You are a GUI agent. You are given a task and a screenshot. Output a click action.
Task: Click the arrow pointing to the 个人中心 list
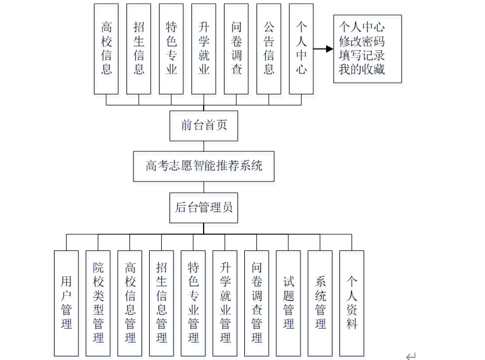point(323,49)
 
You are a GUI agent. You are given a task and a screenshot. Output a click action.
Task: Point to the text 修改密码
point(362,41)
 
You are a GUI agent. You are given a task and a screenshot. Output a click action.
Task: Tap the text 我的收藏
point(362,70)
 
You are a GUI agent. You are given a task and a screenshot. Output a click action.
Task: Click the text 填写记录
point(362,56)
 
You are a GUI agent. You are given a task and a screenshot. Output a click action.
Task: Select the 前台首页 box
point(204,125)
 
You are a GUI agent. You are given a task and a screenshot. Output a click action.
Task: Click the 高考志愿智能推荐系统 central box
point(204,166)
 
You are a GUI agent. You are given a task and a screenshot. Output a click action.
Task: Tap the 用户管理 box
point(66,303)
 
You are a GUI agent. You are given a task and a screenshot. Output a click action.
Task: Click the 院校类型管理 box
point(98,303)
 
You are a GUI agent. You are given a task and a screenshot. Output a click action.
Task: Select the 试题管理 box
point(288,303)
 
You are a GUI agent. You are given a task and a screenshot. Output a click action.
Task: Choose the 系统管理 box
point(320,303)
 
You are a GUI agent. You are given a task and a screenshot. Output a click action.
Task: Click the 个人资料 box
point(352,303)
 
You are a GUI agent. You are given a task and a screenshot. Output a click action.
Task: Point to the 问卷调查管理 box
point(256,303)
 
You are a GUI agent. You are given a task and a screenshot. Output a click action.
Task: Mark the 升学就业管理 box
point(225,303)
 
